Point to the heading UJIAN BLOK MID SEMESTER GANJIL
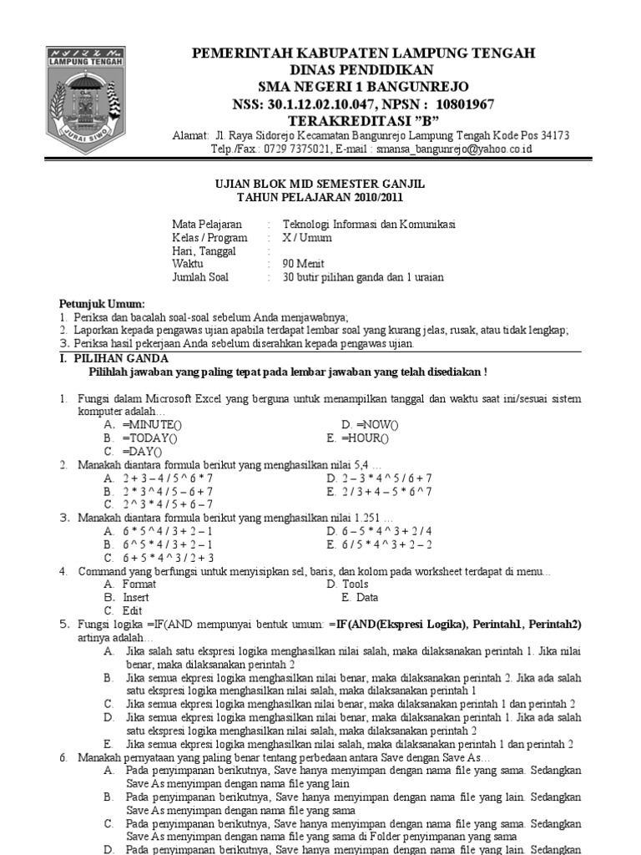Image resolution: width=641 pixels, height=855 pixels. coord(320,183)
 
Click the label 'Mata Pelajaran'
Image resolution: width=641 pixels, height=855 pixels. coord(207,225)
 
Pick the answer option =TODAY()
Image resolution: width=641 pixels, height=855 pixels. coord(149,438)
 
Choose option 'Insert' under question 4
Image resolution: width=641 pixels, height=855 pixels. coord(136,598)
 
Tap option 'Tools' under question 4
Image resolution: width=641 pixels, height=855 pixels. coord(355,584)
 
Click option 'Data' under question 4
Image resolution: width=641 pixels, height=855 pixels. coord(367,598)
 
